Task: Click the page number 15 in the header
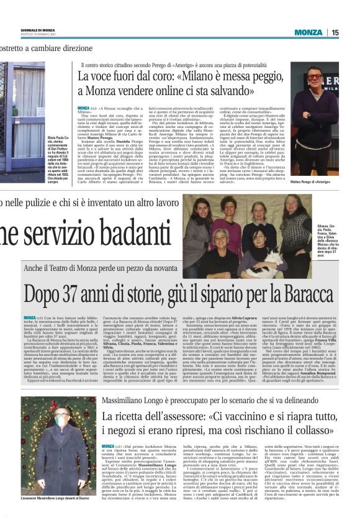tap(351, 32)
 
